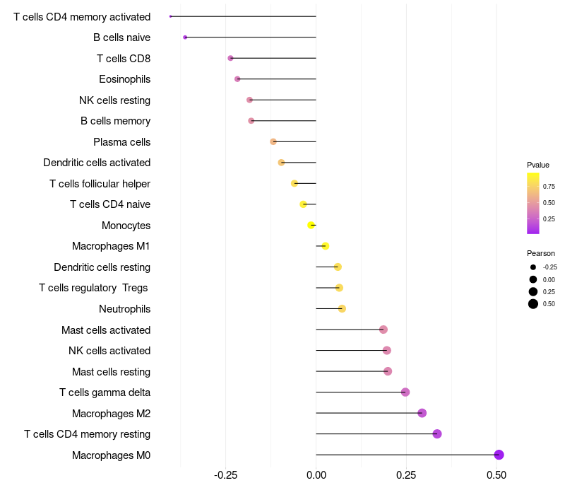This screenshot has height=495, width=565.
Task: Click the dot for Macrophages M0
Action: (499, 455)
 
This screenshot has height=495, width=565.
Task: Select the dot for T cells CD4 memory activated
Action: (171, 16)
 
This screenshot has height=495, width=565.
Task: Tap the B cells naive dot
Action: (185, 37)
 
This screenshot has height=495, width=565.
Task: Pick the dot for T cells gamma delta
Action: (405, 392)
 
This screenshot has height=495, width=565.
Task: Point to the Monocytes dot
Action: (311, 226)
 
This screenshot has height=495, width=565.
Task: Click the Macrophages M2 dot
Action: (422, 413)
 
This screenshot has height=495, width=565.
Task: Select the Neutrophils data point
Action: (342, 309)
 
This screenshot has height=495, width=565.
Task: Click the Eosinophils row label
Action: (124, 79)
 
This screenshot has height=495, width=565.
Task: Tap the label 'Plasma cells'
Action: (121, 142)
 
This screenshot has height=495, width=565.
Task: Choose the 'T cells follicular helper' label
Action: (100, 184)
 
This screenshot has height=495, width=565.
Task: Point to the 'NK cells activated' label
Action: (109, 351)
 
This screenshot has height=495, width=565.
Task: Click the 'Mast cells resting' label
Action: (111, 372)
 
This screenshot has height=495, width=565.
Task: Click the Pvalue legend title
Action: (538, 165)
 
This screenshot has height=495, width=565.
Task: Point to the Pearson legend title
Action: (541, 253)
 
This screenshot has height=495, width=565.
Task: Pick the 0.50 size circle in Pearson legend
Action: (533, 304)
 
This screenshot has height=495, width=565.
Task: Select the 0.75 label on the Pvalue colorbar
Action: (549, 187)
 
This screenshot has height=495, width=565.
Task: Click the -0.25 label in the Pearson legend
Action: (550, 267)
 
